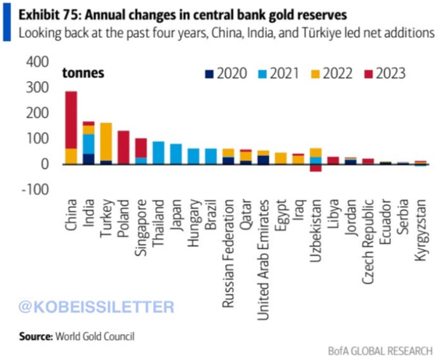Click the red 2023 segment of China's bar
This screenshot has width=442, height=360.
pos(71,119)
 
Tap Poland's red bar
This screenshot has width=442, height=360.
pos(123,147)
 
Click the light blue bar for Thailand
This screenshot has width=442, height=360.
pos(158,153)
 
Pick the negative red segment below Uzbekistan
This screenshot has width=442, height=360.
pos(316,168)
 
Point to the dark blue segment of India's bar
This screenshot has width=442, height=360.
pos(88,159)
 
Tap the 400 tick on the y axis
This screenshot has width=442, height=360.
pos(37,62)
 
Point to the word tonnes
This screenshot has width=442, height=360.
pos(84,73)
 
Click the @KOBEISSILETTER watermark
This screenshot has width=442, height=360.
pos(96,306)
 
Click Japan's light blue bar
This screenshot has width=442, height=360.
pos(176,154)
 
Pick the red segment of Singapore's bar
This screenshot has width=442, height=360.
pos(141,147)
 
